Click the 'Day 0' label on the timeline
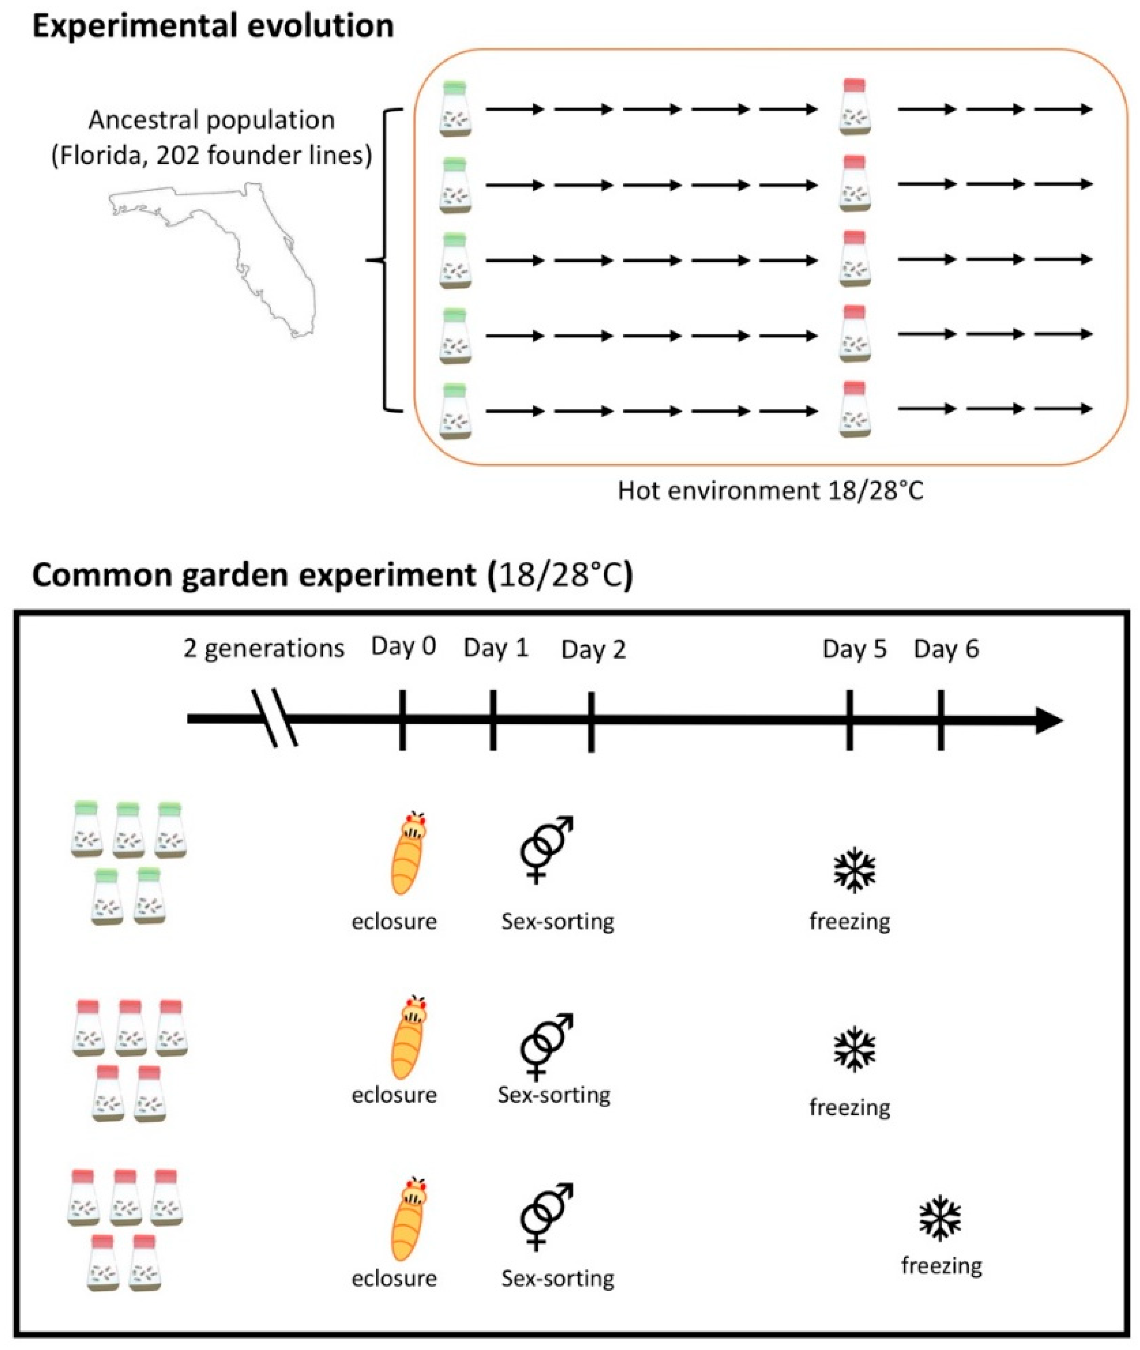click(x=403, y=646)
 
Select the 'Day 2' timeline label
click(x=593, y=649)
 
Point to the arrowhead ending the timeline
click(x=1050, y=720)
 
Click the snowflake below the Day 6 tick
click(x=940, y=1219)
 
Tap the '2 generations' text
click(x=264, y=648)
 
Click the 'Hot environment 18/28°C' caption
click(x=770, y=491)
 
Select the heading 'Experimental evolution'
click(x=213, y=26)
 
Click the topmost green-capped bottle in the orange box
click(x=455, y=108)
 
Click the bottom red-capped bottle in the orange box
click(x=854, y=409)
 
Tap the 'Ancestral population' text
click(x=211, y=120)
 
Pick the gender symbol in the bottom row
click(x=546, y=1215)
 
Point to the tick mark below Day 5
click(x=849, y=720)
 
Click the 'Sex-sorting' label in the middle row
click(x=554, y=1094)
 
